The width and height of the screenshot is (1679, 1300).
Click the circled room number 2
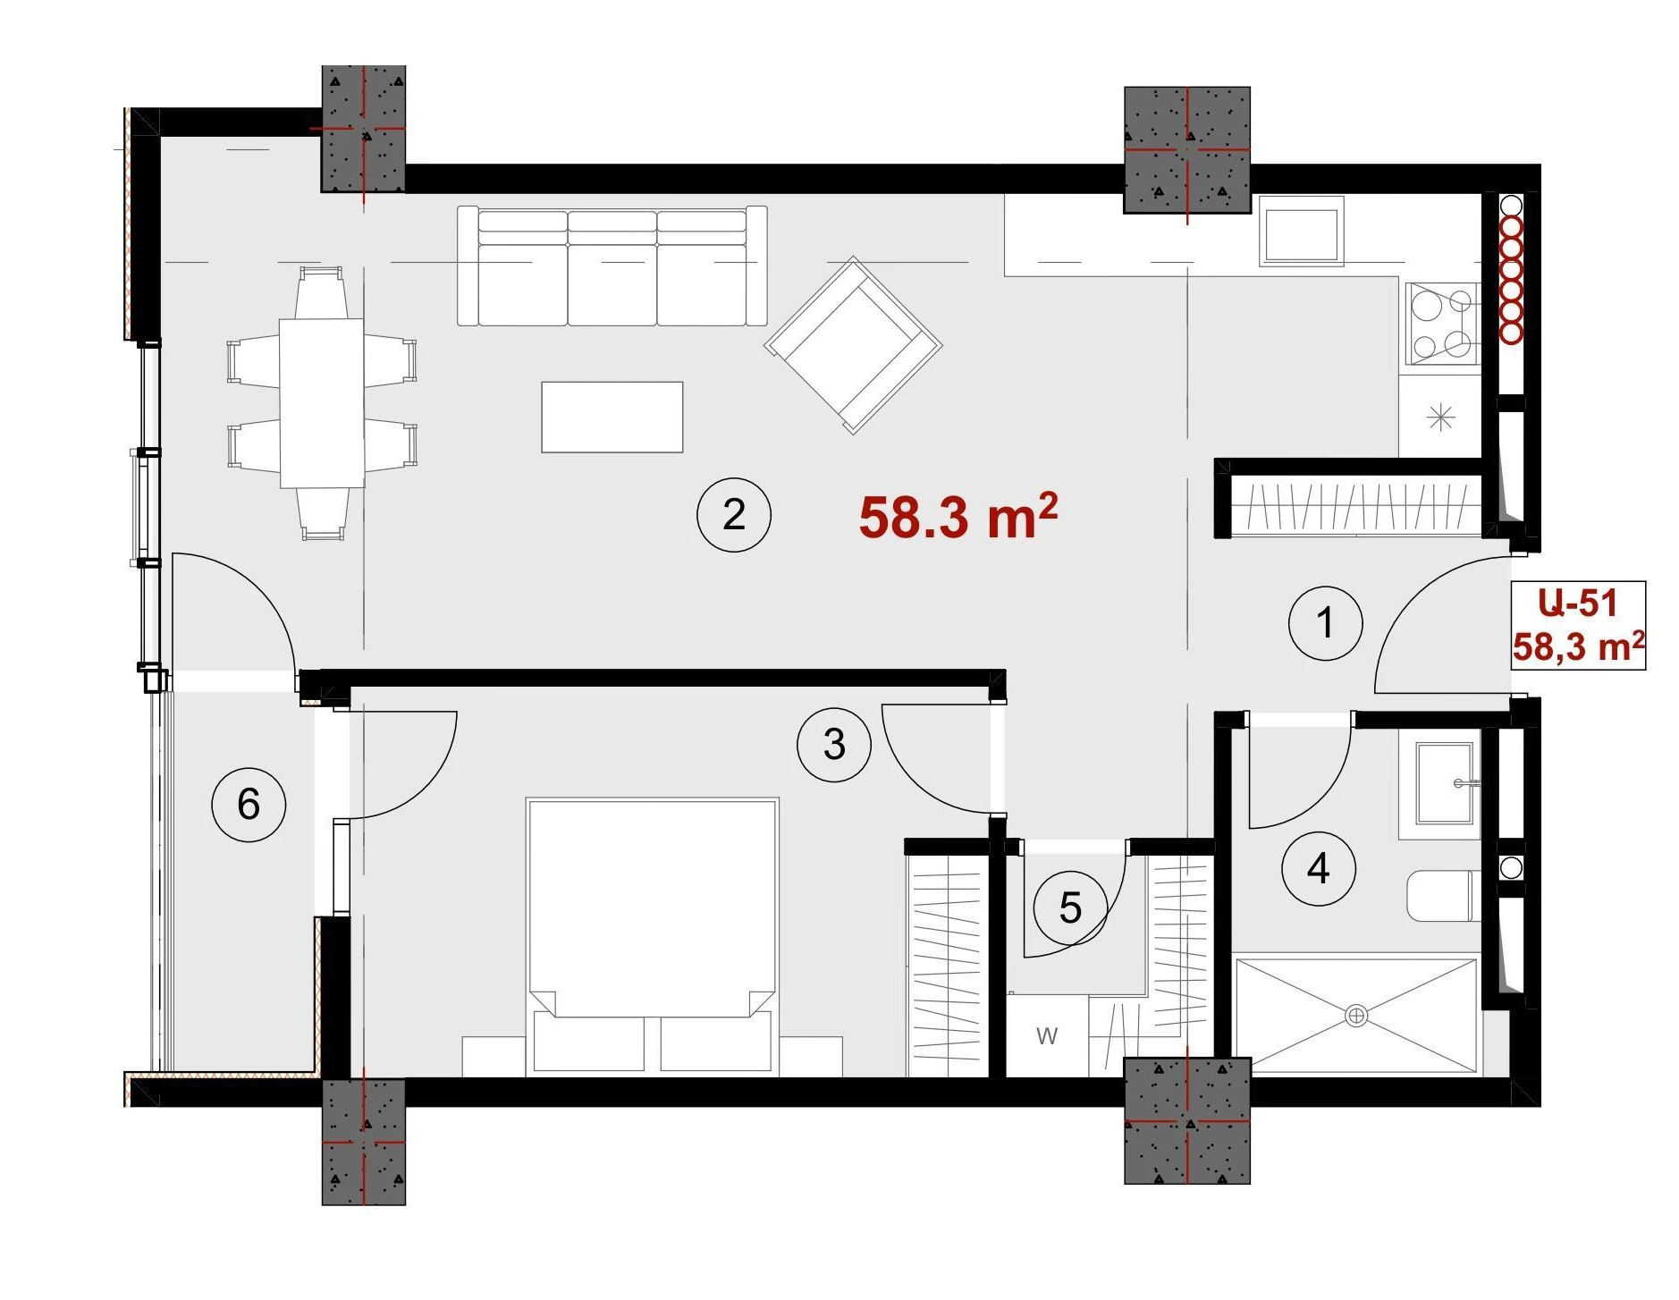point(733,514)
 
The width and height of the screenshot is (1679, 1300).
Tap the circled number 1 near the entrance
point(1325,623)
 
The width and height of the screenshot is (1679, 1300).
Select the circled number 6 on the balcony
point(249,804)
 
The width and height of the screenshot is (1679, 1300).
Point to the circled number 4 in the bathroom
point(1318,868)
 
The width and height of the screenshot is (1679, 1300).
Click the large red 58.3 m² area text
point(958,516)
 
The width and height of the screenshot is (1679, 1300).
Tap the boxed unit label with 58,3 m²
point(1578,625)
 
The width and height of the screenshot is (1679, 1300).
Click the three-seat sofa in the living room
point(612,266)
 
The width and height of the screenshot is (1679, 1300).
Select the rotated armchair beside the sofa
point(853,345)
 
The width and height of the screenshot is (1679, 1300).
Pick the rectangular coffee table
point(612,417)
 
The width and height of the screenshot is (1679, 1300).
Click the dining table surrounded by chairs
point(322,403)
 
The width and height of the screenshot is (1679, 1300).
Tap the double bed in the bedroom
point(652,934)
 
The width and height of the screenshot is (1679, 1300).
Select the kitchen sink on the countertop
point(1301,232)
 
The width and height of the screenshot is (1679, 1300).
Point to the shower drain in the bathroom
point(1356,1016)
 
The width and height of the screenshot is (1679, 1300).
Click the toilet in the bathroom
point(1444,896)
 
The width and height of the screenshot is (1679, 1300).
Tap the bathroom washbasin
point(1445,783)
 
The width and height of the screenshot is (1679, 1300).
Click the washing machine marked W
point(1047,1035)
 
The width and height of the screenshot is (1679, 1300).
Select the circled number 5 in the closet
point(1070,908)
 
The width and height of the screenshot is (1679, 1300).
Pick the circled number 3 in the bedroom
point(834,745)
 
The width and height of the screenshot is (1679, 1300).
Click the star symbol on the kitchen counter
point(1440,417)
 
